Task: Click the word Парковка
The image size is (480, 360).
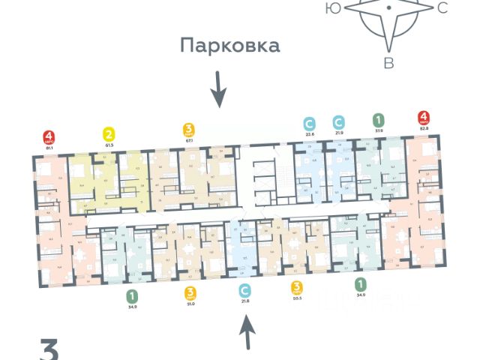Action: click(x=229, y=46)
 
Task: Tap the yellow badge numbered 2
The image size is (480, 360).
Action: click(x=108, y=135)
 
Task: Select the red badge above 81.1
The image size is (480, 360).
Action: click(x=49, y=138)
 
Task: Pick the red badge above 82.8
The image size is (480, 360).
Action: click(x=424, y=118)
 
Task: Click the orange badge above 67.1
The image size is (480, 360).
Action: click(x=189, y=129)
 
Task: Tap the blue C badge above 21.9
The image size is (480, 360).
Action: click(x=339, y=121)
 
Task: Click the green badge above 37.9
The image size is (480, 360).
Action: click(x=379, y=120)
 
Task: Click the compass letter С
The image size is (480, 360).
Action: click(x=442, y=8)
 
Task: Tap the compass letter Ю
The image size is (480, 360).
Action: click(x=331, y=8)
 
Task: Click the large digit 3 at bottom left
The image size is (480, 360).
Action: click(x=49, y=351)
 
